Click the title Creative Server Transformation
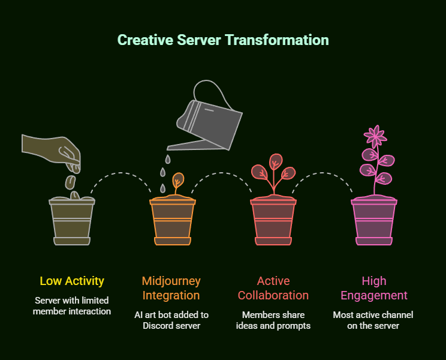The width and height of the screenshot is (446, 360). (223, 40)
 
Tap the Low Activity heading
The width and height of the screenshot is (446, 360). (72, 281)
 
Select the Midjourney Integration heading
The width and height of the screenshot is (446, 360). (171, 288)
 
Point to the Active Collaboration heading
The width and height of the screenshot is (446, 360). (273, 288)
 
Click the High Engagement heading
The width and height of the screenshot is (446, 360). (374, 288)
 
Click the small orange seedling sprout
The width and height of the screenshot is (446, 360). (177, 181)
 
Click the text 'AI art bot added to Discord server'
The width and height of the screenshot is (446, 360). (171, 320)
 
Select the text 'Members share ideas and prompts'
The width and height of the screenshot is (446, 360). (273, 320)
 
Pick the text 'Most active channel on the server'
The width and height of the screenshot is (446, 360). (374, 320)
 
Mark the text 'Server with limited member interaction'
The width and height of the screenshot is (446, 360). (72, 305)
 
